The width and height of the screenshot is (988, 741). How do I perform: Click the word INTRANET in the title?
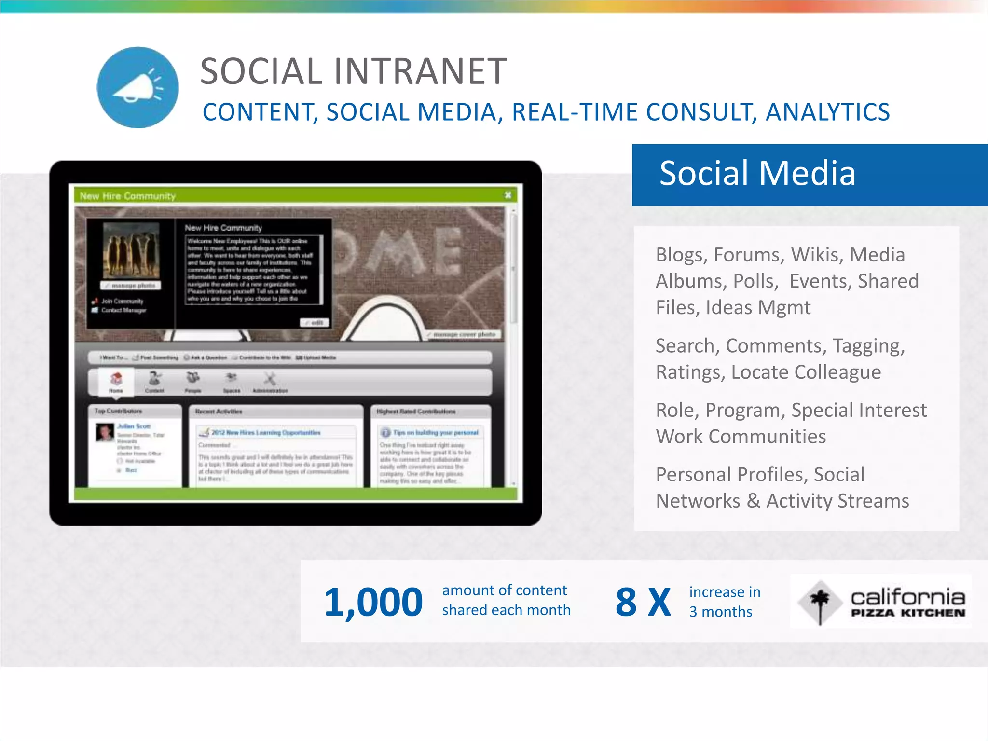pos(420,71)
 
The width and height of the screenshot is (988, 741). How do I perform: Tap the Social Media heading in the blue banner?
pos(757,173)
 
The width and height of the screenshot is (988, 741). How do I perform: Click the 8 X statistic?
pos(643,602)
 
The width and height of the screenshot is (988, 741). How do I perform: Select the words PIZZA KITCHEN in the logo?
pos(908,613)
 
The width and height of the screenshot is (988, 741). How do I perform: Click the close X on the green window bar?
pos(508,195)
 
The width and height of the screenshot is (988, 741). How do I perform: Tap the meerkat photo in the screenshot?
pos(131,251)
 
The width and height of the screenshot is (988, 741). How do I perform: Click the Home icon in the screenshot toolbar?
pos(116,381)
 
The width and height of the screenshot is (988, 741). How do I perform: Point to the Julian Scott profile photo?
pos(104,432)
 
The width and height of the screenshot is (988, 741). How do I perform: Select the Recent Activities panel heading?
pos(219,412)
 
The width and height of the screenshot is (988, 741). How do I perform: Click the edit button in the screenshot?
pos(315,322)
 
